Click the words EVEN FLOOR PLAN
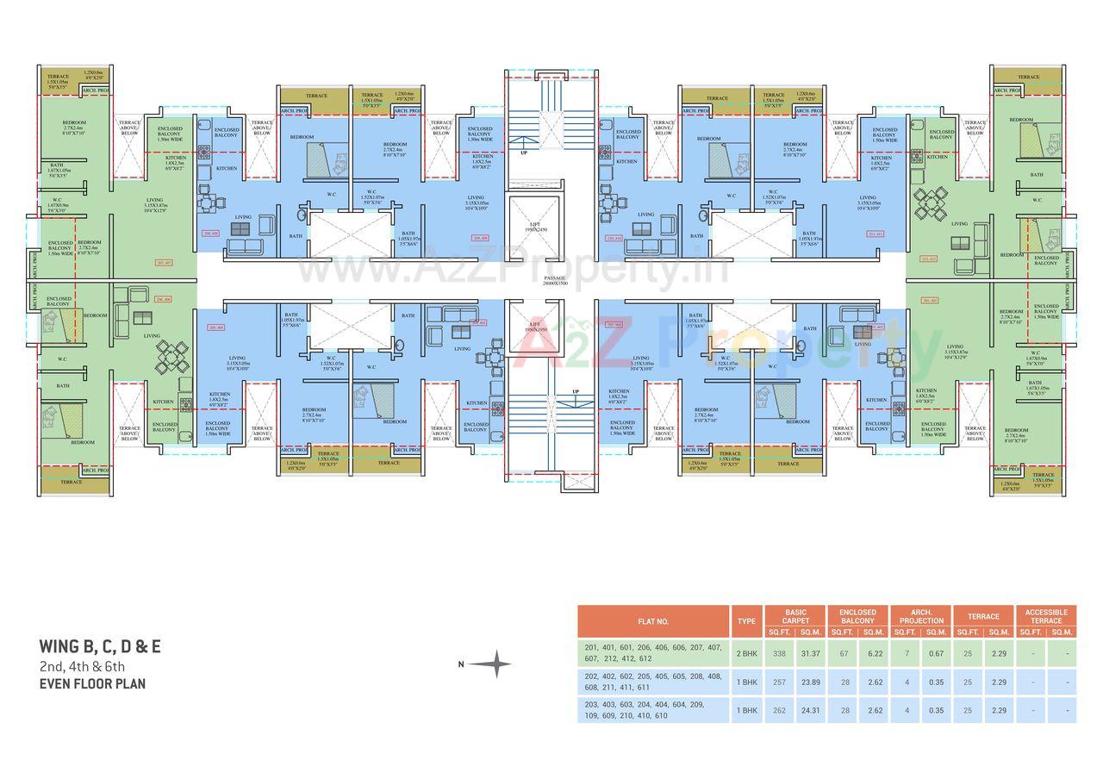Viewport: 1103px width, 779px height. point(92,684)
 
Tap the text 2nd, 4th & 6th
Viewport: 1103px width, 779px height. point(82,666)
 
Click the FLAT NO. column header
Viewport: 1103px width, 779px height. point(653,620)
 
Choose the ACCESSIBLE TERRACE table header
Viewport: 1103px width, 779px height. point(1046,616)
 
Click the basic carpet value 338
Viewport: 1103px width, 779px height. point(779,654)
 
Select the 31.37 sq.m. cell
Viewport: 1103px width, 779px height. point(810,654)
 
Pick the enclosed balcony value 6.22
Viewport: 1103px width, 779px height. point(875,654)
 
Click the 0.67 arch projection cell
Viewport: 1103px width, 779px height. point(936,654)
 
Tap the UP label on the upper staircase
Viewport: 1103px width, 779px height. point(522,153)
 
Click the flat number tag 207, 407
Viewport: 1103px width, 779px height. point(163,262)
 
